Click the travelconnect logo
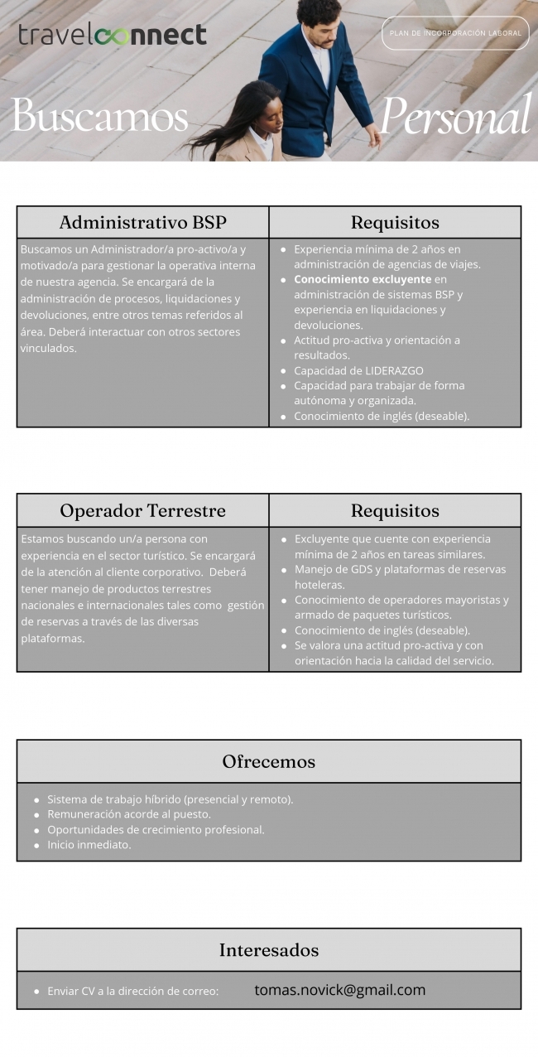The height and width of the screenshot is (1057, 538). pyautogui.click(x=113, y=35)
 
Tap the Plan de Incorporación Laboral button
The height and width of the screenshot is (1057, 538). pyautogui.click(x=455, y=33)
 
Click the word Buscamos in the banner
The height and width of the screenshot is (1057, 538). pyautogui.click(x=99, y=116)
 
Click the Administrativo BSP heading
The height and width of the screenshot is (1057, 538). pyautogui.click(x=142, y=222)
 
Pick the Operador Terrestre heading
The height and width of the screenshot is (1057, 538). pyautogui.click(x=142, y=510)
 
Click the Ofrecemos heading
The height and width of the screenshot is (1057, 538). pyautogui.click(x=268, y=761)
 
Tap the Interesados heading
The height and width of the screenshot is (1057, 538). pyautogui.click(x=268, y=950)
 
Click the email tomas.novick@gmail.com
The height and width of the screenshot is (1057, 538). pyautogui.click(x=339, y=990)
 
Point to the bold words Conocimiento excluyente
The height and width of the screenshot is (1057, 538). pyautogui.click(x=363, y=279)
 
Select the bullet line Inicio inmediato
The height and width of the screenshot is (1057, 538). pyautogui.click(x=89, y=845)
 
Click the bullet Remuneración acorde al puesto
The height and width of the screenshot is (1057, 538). pyautogui.click(x=128, y=814)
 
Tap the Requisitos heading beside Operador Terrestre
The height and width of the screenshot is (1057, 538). pyautogui.click(x=395, y=510)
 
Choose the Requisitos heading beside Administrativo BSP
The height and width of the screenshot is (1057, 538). pyautogui.click(x=395, y=222)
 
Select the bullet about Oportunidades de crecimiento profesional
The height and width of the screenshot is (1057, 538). pyautogui.click(x=156, y=830)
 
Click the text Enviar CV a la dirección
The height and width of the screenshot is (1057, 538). pyautogui.click(x=132, y=991)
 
